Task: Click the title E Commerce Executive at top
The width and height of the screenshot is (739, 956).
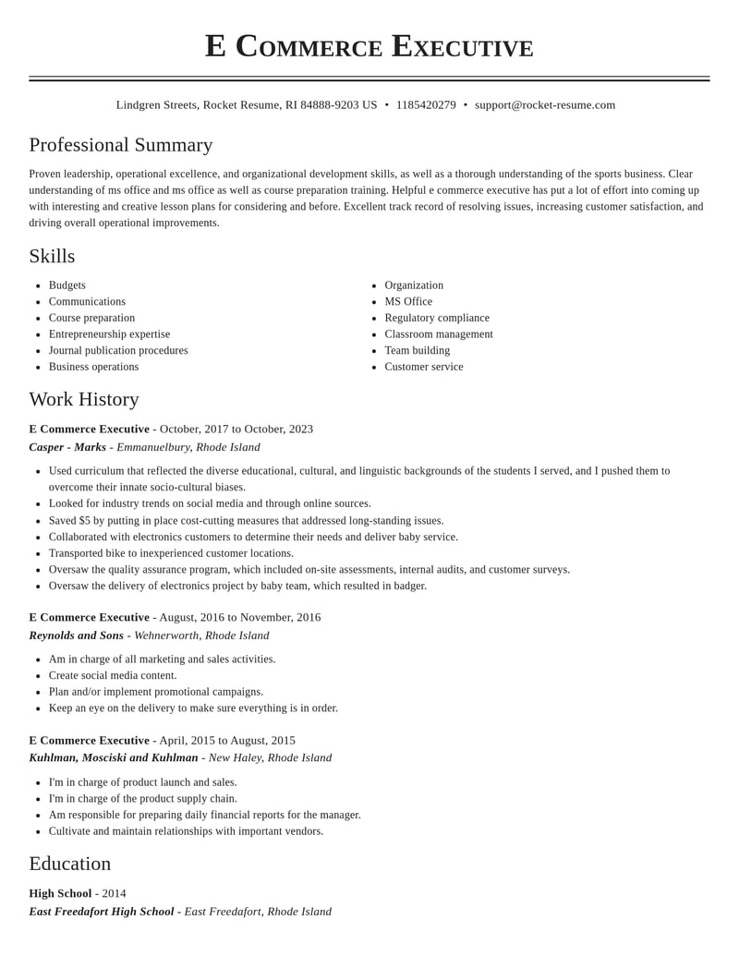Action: (x=369, y=46)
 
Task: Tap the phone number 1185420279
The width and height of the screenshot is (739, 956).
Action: (x=426, y=105)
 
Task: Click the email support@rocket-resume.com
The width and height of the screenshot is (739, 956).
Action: (x=545, y=105)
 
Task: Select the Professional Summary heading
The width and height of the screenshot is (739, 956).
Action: (x=121, y=145)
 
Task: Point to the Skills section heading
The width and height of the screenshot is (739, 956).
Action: (x=52, y=256)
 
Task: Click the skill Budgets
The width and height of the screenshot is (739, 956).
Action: (x=67, y=285)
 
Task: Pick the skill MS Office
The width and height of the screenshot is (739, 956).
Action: (x=408, y=302)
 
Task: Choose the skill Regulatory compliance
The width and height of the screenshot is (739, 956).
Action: (x=437, y=318)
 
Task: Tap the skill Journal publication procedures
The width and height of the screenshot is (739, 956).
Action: (x=118, y=351)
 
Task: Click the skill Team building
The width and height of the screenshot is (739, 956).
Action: (x=418, y=351)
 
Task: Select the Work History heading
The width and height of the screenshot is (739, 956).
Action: (x=84, y=399)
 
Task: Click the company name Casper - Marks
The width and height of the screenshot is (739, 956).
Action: (x=67, y=447)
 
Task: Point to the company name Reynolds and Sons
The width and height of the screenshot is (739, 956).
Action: (x=76, y=635)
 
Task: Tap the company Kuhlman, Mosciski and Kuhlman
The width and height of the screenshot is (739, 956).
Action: (x=114, y=758)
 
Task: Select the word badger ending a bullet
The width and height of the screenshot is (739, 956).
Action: (x=410, y=586)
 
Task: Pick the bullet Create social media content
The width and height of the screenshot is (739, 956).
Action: (x=113, y=675)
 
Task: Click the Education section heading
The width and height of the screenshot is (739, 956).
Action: (x=70, y=864)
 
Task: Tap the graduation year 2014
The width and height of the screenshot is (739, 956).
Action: (x=115, y=893)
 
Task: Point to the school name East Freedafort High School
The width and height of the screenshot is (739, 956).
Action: (x=102, y=912)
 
